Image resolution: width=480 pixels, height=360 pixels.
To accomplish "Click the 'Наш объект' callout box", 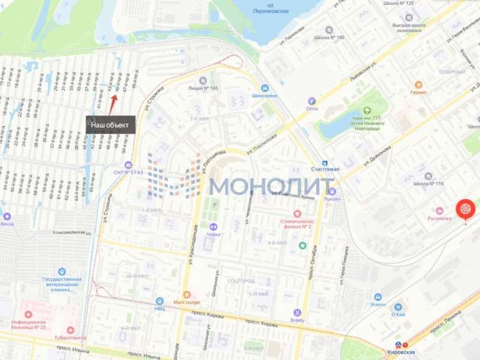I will pos(110,125).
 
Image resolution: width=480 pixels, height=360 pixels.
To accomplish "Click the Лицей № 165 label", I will pos(203,88).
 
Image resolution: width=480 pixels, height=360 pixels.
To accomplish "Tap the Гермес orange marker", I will pos(418,85).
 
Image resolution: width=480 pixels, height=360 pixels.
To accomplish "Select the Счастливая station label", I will pos(325,169).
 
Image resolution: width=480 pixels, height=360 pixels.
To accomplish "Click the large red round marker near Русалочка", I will pos(466,209).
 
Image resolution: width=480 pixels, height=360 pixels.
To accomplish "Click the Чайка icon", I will pos(213,227).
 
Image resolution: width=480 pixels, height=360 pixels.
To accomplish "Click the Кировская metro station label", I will pos(400,353).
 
